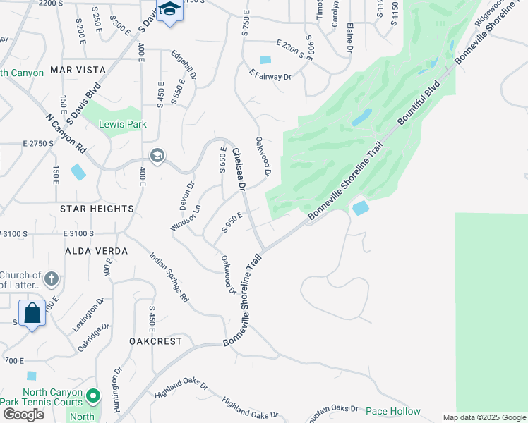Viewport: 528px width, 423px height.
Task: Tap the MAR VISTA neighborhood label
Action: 78,70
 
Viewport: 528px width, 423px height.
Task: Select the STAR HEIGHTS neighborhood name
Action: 97,209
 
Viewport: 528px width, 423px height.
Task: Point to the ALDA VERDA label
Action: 97,251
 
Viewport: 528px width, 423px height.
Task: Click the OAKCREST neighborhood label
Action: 155,341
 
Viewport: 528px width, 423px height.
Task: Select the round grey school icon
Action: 157,156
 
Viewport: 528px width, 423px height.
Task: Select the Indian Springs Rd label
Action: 169,276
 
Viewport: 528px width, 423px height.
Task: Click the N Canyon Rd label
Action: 66,135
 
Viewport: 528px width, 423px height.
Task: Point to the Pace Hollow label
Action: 392,411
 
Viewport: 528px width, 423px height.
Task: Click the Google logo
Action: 23,415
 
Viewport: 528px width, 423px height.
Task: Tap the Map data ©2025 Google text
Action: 484,417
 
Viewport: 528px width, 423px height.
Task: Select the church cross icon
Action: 51,280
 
